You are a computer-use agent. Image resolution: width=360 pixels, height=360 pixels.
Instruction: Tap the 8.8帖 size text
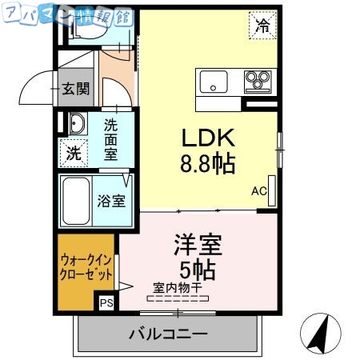tap(206, 165)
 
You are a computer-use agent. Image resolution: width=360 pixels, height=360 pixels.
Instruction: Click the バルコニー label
tap(167, 334)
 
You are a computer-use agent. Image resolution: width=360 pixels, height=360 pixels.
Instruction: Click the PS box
tap(106, 303)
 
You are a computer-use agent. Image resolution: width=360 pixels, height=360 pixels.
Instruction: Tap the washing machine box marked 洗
tap(74, 153)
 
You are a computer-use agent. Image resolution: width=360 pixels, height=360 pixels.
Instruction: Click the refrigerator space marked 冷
tap(262, 25)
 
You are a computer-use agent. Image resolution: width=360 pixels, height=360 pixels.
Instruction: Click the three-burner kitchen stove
tap(258, 81)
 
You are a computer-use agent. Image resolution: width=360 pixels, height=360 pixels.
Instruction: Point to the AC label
tap(258, 191)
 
